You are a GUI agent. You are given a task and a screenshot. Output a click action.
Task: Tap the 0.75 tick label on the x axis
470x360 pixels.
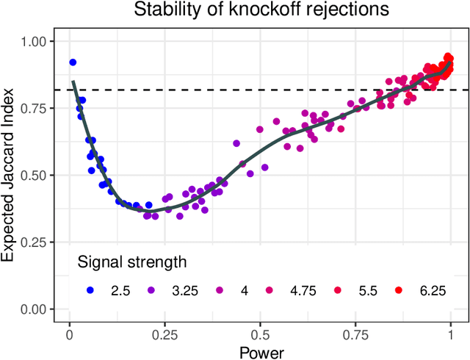[x=355, y=332]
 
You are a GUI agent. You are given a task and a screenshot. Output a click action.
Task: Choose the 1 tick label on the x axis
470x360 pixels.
[x=450, y=332]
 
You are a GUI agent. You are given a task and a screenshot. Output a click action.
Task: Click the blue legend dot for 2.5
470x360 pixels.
[x=90, y=290]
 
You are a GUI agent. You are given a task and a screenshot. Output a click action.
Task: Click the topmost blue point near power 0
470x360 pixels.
[x=73, y=62]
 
